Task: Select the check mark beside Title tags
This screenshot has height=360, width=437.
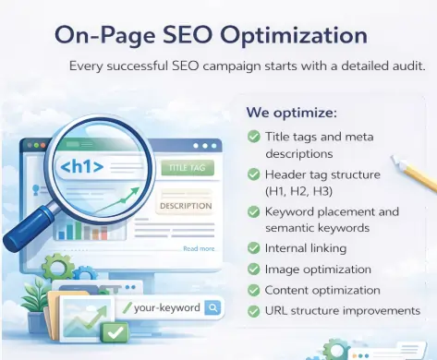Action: (x=254, y=137)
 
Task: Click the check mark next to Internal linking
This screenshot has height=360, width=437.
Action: (x=254, y=247)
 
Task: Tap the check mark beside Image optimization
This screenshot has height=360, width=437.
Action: (x=254, y=269)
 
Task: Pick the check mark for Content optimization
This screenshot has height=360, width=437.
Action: (x=254, y=290)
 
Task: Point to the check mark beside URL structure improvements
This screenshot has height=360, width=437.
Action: (x=254, y=310)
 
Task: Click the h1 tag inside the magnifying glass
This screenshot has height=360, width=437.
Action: (x=81, y=168)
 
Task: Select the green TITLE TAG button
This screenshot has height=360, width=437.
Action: (x=186, y=168)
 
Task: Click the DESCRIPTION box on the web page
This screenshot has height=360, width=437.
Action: (x=186, y=206)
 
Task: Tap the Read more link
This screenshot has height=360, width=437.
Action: (x=199, y=248)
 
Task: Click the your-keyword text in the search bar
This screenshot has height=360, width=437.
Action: (x=166, y=307)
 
